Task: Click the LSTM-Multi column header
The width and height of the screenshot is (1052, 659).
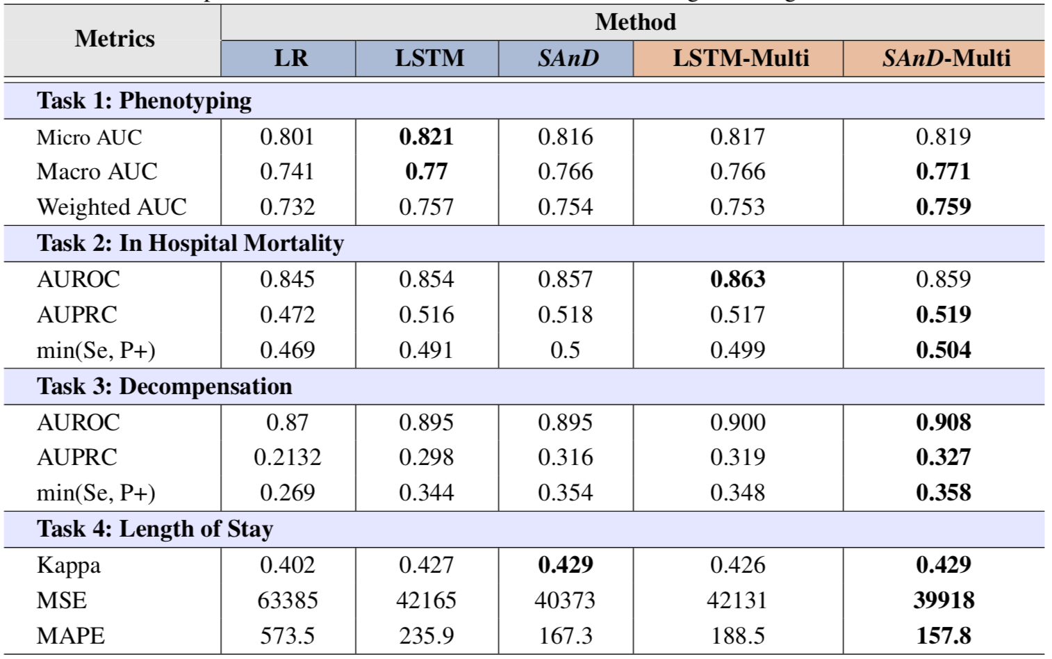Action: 741,58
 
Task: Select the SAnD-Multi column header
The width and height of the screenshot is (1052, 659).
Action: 946,58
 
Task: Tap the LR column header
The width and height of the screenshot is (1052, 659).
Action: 290,58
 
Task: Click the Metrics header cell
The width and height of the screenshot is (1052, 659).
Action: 115,39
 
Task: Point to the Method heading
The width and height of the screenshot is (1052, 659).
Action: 635,22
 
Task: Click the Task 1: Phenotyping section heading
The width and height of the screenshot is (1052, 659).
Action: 144,101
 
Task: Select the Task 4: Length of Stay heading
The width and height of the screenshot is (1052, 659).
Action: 154,529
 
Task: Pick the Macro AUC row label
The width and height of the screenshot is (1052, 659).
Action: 97,172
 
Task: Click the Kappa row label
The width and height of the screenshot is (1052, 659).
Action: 68,564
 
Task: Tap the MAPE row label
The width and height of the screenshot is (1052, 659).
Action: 70,635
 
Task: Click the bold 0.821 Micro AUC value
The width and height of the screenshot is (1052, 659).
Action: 426,137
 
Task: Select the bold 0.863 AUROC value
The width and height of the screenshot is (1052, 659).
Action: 737,279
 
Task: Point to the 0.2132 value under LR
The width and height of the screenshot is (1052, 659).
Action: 287,457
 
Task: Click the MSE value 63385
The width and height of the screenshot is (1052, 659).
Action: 287,600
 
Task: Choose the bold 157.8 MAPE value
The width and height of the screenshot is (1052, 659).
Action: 943,635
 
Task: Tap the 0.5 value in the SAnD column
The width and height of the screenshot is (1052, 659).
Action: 565,350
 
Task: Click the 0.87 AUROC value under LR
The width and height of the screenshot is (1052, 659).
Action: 287,422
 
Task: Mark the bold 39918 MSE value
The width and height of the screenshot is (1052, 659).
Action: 943,600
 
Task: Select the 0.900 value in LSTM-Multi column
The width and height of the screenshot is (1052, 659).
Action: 737,422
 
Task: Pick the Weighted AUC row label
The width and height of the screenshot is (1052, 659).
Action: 111,207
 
